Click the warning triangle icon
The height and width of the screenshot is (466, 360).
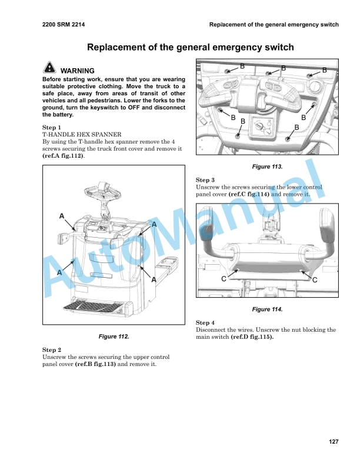[x=49, y=68]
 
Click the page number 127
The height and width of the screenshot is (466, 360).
[x=334, y=442]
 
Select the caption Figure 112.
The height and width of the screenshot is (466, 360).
[x=115, y=336]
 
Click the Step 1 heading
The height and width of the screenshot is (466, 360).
[x=51, y=127]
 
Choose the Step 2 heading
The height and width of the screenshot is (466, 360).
[x=51, y=349]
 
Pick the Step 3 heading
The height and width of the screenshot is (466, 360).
[x=205, y=179]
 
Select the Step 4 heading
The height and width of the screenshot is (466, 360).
[x=205, y=322]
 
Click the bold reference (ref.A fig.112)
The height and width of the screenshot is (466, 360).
[x=63, y=156]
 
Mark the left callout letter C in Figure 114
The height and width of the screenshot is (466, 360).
[x=225, y=280]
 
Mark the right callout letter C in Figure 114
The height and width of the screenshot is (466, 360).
[x=315, y=280]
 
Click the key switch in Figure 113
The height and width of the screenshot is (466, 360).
[x=257, y=125]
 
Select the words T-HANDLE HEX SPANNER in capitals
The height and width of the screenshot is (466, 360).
[x=82, y=134]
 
